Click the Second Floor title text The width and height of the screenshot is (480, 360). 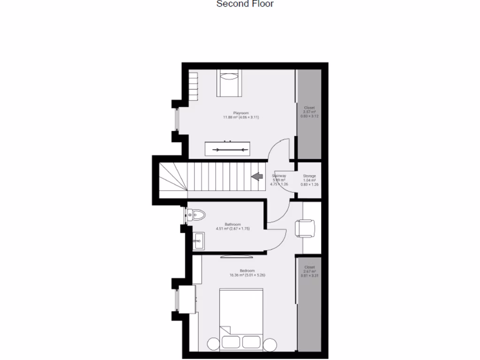245,4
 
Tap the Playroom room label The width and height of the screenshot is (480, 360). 241,113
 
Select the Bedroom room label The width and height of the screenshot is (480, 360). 247,271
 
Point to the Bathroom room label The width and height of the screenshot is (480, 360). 232,224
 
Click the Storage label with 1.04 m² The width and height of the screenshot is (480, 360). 309,176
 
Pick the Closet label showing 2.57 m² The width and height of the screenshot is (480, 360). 309,108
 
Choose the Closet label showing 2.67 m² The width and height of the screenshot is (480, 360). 309,267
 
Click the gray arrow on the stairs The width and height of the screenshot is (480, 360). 257,176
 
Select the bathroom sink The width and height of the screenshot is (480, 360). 198,242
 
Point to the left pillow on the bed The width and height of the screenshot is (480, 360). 231,342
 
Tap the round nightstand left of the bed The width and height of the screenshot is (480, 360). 213,344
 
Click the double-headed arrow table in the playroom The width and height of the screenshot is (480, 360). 230,150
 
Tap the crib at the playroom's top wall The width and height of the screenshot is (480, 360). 229,83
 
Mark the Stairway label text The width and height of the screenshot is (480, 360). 279,176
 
